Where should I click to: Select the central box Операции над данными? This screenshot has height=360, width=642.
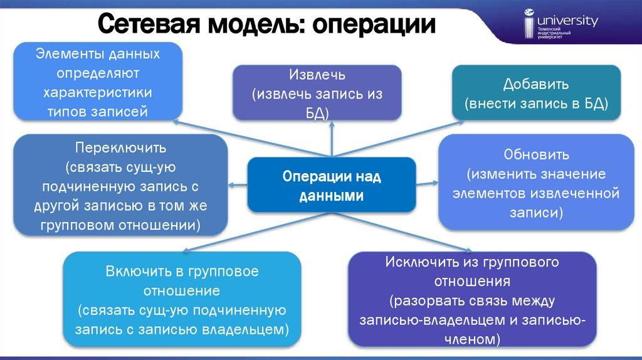coord(332,186)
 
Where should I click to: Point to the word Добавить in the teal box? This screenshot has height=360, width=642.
coord(535,84)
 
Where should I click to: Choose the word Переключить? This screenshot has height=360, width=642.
coord(120,149)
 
